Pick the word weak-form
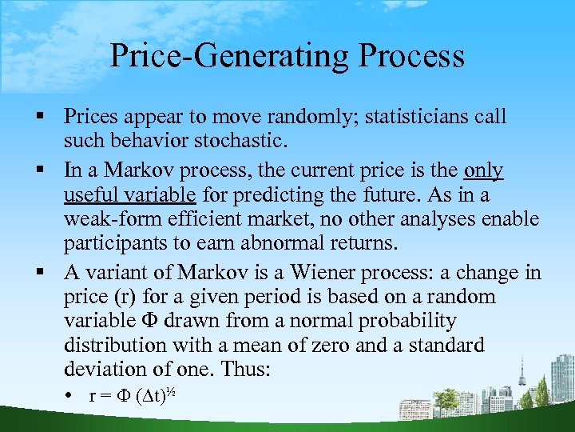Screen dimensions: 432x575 pyautogui.click(x=113, y=218)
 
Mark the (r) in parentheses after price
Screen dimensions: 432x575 pyautogui.click(x=128, y=297)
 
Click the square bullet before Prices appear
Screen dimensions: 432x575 pyautogui.click(x=38, y=117)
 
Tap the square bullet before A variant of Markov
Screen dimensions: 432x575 pyautogui.click(x=38, y=273)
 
